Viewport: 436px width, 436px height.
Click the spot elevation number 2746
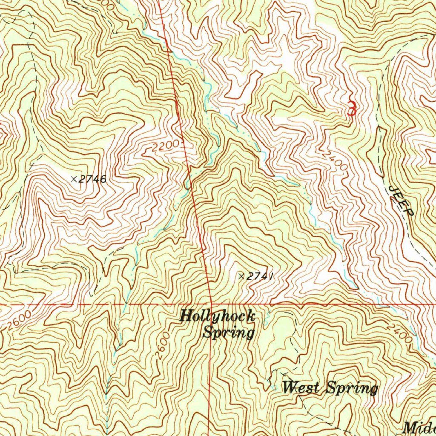[x=92, y=179]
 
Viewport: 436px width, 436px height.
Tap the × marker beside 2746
[x=74, y=179]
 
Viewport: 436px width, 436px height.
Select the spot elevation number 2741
[x=259, y=277]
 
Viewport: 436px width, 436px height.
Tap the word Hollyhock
[x=217, y=316]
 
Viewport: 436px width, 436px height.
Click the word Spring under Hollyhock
[x=228, y=332]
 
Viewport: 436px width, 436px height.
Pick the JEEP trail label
[x=401, y=200]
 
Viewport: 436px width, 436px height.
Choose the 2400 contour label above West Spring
[x=399, y=333]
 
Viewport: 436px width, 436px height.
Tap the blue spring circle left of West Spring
[x=273, y=388]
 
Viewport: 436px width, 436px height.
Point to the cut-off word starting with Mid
[x=419, y=427]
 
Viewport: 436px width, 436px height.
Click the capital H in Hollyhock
[x=186, y=316]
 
